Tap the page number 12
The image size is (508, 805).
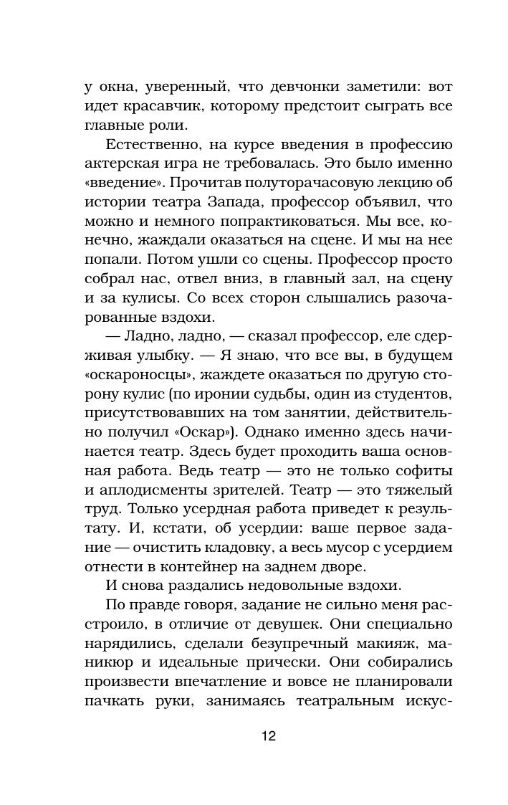click(x=269, y=736)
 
